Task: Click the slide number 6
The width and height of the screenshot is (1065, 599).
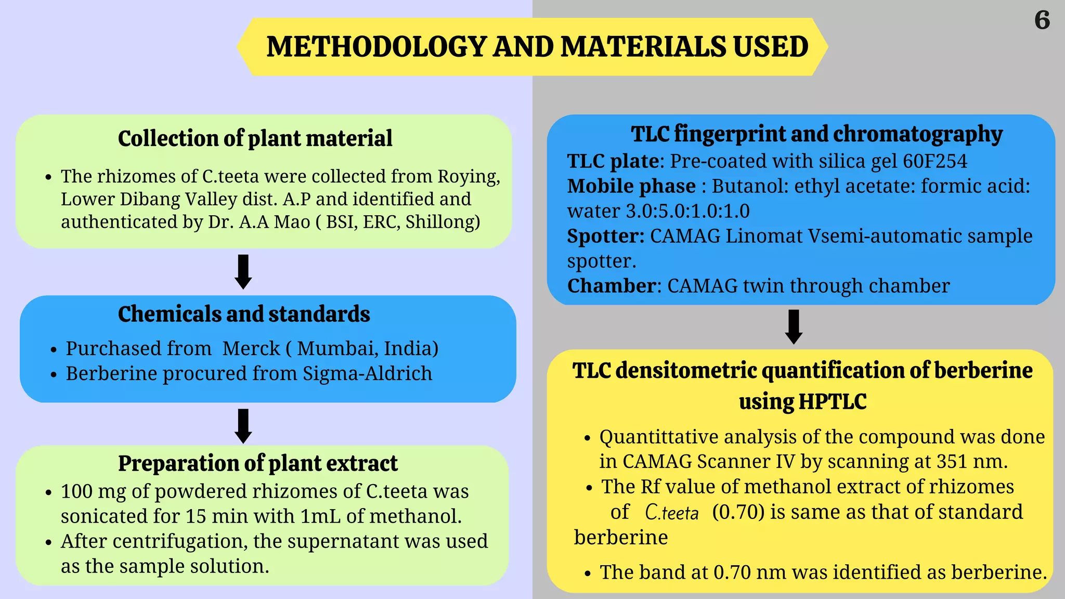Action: (1042, 20)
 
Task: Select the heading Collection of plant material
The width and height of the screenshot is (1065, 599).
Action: (255, 138)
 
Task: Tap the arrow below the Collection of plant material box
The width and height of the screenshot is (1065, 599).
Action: (243, 271)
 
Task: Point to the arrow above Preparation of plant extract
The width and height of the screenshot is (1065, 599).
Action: (243, 426)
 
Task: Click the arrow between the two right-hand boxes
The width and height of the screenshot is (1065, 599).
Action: (794, 327)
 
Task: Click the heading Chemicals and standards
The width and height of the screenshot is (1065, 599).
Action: (244, 314)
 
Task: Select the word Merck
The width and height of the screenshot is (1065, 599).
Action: (251, 348)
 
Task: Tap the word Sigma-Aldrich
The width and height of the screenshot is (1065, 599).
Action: (367, 373)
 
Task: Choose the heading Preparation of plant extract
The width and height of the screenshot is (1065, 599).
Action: (257, 463)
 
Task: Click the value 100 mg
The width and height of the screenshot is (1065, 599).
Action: (93, 491)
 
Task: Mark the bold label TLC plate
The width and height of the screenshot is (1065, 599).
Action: (613, 161)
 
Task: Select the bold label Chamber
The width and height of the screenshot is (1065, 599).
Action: (612, 286)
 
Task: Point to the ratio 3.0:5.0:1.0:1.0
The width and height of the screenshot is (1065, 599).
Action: (687, 211)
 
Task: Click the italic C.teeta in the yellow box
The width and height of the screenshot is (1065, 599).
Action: (671, 513)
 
